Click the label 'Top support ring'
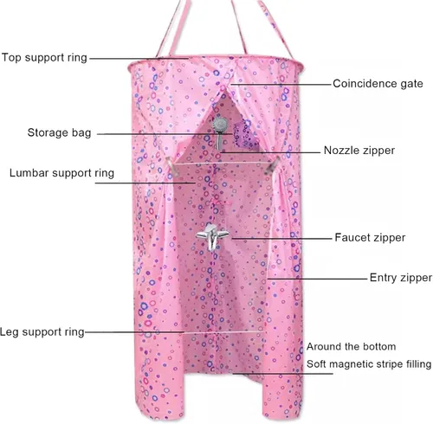(44, 57)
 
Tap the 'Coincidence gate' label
(378, 84)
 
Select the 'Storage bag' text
(59, 132)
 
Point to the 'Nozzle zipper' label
(359, 151)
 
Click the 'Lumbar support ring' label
(61, 173)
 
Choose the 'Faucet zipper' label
(370, 238)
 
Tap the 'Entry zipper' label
(401, 278)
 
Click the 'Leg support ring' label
(42, 332)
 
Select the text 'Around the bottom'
(351, 346)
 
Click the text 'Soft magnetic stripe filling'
(369, 364)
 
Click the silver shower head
(220, 132)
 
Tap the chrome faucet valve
(213, 236)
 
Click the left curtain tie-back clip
(172, 167)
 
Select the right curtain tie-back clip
(272, 165)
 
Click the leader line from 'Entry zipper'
(317, 279)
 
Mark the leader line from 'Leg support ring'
(135, 332)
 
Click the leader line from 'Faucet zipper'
(281, 239)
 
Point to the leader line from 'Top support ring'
(139, 58)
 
